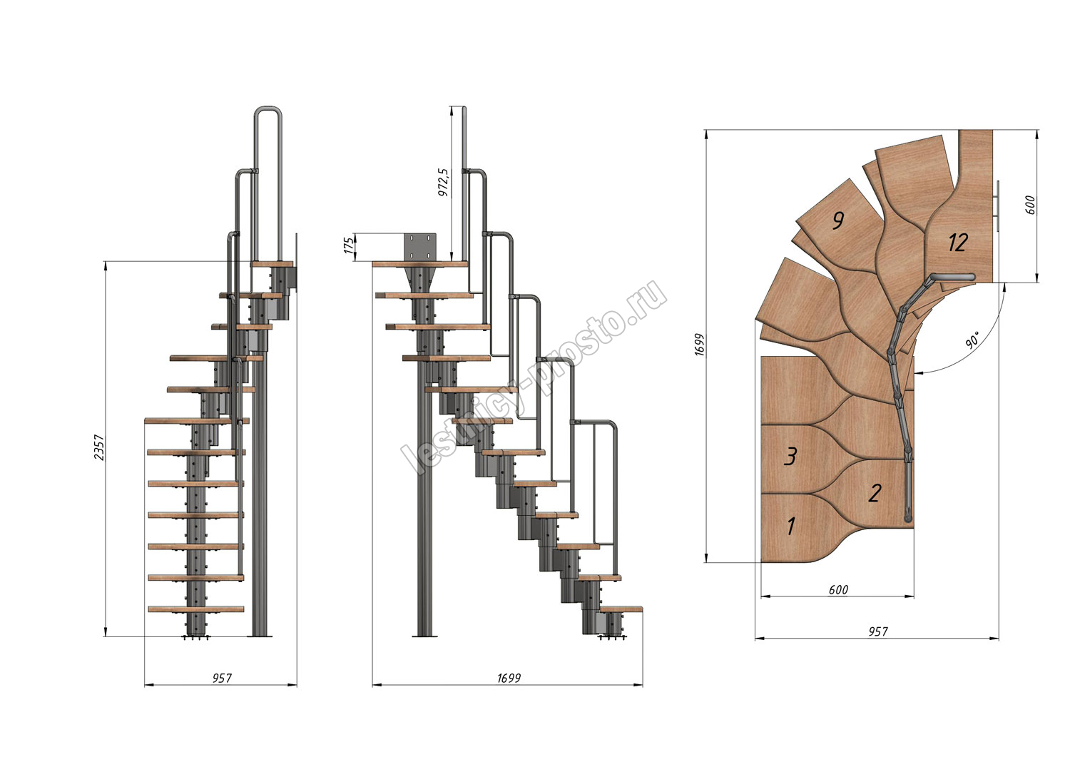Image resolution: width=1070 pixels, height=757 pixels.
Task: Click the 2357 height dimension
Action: point(99,447)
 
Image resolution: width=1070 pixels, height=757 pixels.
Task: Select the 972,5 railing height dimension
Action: point(444,182)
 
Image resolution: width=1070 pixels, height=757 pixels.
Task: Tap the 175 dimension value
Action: point(350,245)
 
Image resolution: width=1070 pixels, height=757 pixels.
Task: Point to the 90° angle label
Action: point(973,340)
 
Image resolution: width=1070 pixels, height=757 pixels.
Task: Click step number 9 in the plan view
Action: point(838,220)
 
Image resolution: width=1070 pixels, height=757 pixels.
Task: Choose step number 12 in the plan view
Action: point(958,243)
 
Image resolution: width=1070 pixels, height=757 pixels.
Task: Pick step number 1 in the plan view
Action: point(791,526)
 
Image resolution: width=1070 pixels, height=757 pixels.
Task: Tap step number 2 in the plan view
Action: point(875,493)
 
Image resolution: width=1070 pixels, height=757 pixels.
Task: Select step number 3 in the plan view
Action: point(790,457)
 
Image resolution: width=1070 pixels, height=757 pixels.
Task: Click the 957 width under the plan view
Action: point(878,632)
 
